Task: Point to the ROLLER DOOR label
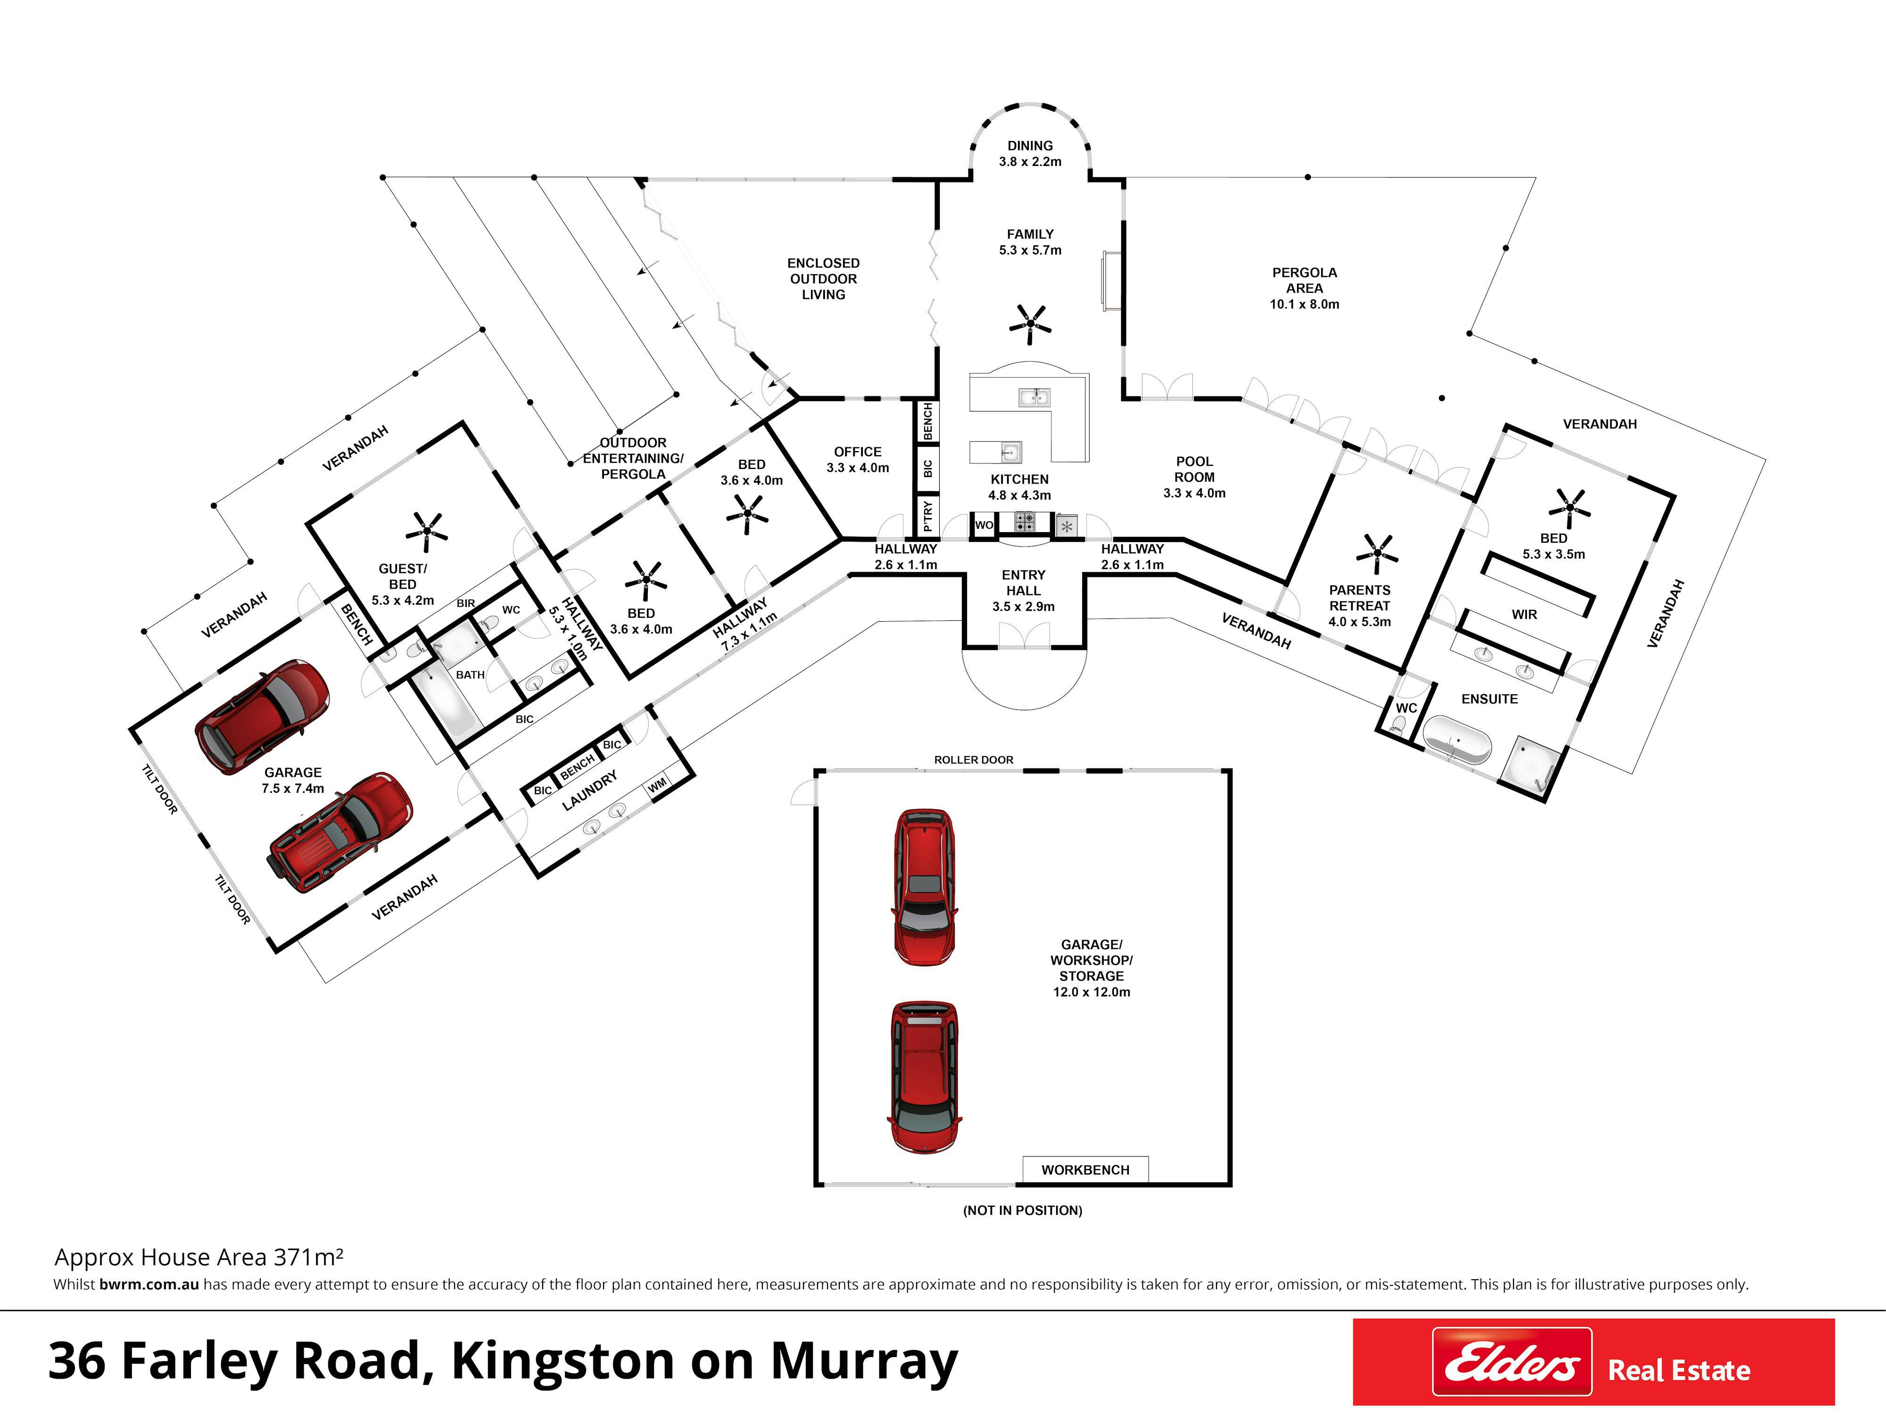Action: tap(974, 759)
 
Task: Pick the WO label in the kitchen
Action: tap(984, 525)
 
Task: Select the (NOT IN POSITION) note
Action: tap(1022, 1210)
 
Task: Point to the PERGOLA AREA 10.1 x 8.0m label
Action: tap(1305, 288)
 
